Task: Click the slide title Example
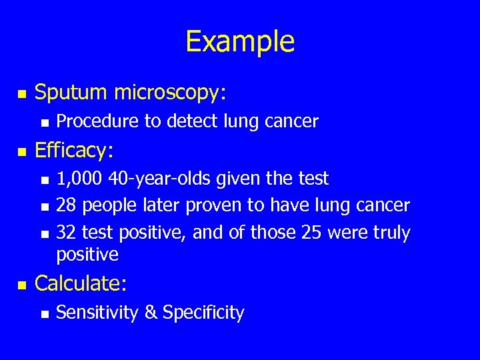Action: (x=240, y=41)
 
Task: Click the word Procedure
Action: (x=91, y=121)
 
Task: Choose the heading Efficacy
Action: (x=74, y=151)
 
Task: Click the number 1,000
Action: (x=77, y=179)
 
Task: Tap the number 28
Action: (x=66, y=205)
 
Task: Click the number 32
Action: (x=66, y=232)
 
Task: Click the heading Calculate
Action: (x=81, y=283)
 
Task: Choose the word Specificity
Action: (x=203, y=312)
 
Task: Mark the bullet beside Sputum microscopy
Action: (x=22, y=95)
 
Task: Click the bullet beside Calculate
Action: (x=22, y=285)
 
